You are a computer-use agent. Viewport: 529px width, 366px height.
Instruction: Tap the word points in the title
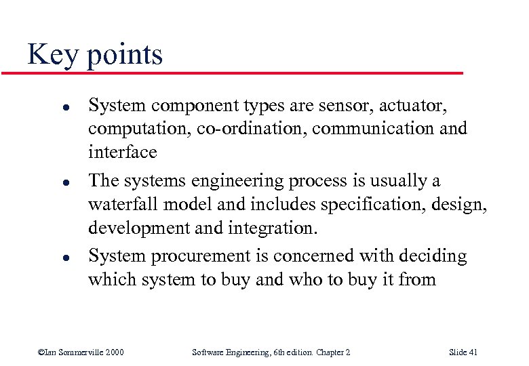(125, 56)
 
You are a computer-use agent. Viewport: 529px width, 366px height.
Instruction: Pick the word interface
(122, 152)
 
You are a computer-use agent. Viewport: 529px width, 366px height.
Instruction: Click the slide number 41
(473, 352)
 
